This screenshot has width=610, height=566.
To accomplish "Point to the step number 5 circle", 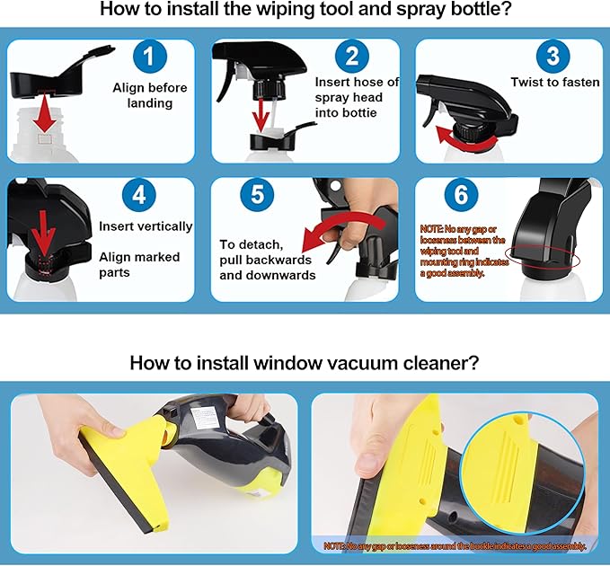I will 257,195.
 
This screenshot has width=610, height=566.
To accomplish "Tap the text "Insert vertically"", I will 146,226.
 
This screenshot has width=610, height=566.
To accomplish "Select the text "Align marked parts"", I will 139,264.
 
